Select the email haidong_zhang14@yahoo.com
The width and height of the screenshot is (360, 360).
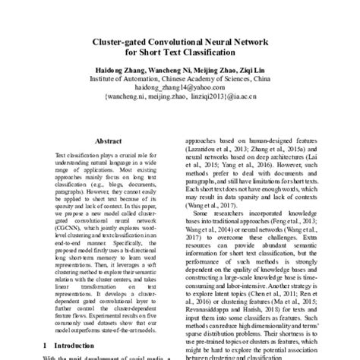179,87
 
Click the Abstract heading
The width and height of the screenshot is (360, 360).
108,142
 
